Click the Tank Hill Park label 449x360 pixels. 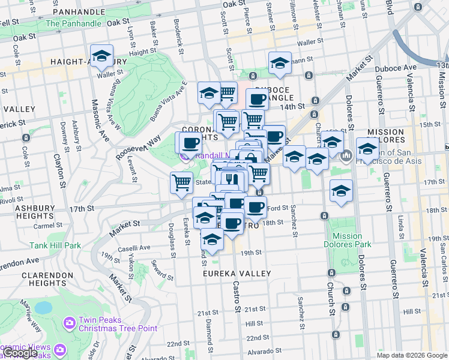[55, 245]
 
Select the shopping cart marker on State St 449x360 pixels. [181, 182]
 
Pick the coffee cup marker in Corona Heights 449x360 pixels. [190, 143]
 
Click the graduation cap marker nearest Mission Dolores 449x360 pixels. [367, 149]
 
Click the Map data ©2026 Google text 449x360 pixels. [412, 355]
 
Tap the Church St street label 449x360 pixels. [331, 300]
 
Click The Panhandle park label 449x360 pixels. [73, 24]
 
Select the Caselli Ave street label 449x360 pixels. [134, 248]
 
